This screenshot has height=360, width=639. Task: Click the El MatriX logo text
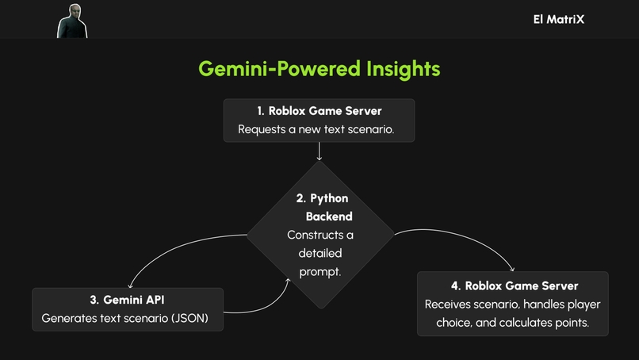coord(558,19)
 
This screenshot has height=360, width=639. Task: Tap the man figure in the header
coord(71,21)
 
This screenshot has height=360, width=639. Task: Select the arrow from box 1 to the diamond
coord(319,151)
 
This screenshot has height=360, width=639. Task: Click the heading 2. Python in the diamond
coord(321,198)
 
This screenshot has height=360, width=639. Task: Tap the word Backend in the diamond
coord(329,216)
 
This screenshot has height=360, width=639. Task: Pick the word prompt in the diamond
coord(320,271)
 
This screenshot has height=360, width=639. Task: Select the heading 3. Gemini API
coord(127,300)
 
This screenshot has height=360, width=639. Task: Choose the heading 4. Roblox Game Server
coord(513,285)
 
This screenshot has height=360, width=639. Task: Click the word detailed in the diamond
coord(320,253)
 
